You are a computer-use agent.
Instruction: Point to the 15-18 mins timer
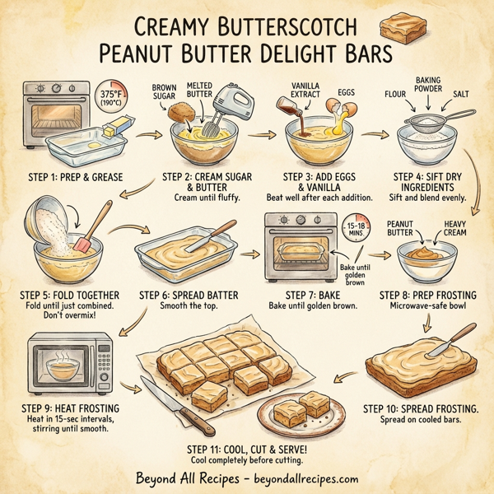pyautogui.click(x=360, y=230)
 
